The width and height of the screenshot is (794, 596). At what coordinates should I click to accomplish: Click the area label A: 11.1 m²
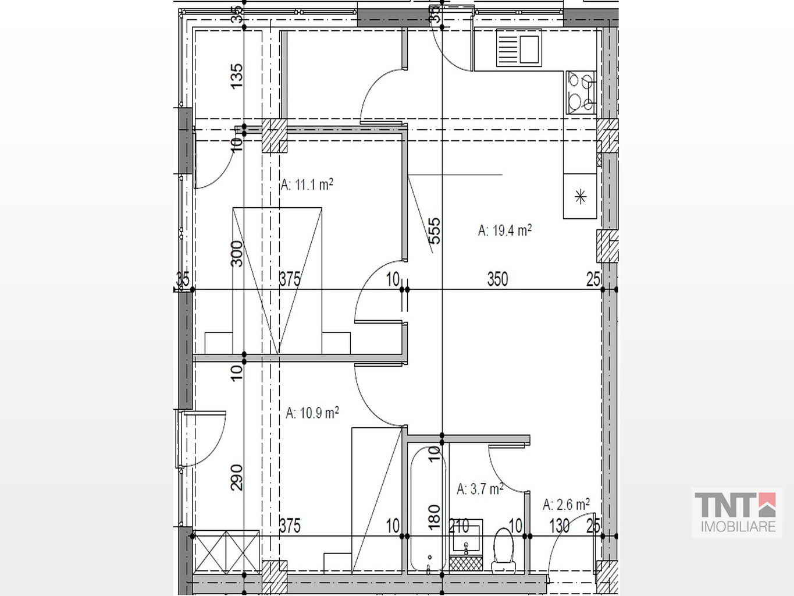[307, 185]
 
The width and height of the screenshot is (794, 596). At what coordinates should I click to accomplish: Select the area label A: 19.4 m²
[505, 230]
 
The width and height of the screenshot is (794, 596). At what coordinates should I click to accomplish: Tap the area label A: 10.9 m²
[312, 413]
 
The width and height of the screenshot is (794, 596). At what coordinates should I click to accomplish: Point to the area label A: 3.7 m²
[480, 489]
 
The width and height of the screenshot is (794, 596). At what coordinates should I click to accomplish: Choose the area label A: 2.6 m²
[566, 504]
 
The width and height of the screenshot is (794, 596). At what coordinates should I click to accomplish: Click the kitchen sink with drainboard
[519, 48]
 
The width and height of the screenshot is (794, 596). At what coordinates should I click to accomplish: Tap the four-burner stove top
[581, 93]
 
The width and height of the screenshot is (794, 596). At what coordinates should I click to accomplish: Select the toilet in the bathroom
[503, 551]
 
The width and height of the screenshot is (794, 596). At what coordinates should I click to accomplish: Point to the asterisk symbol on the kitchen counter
[580, 197]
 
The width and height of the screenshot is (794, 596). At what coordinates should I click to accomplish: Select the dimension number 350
[498, 279]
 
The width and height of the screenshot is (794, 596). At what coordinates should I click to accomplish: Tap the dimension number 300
[237, 253]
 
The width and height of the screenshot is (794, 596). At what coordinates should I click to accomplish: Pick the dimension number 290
[237, 478]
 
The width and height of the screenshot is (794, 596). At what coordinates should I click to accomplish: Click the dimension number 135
[237, 76]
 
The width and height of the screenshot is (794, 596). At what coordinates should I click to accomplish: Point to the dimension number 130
[560, 526]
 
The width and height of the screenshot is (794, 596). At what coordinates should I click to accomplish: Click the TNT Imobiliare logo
[736, 512]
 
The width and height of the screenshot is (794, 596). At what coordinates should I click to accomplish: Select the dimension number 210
[459, 526]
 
